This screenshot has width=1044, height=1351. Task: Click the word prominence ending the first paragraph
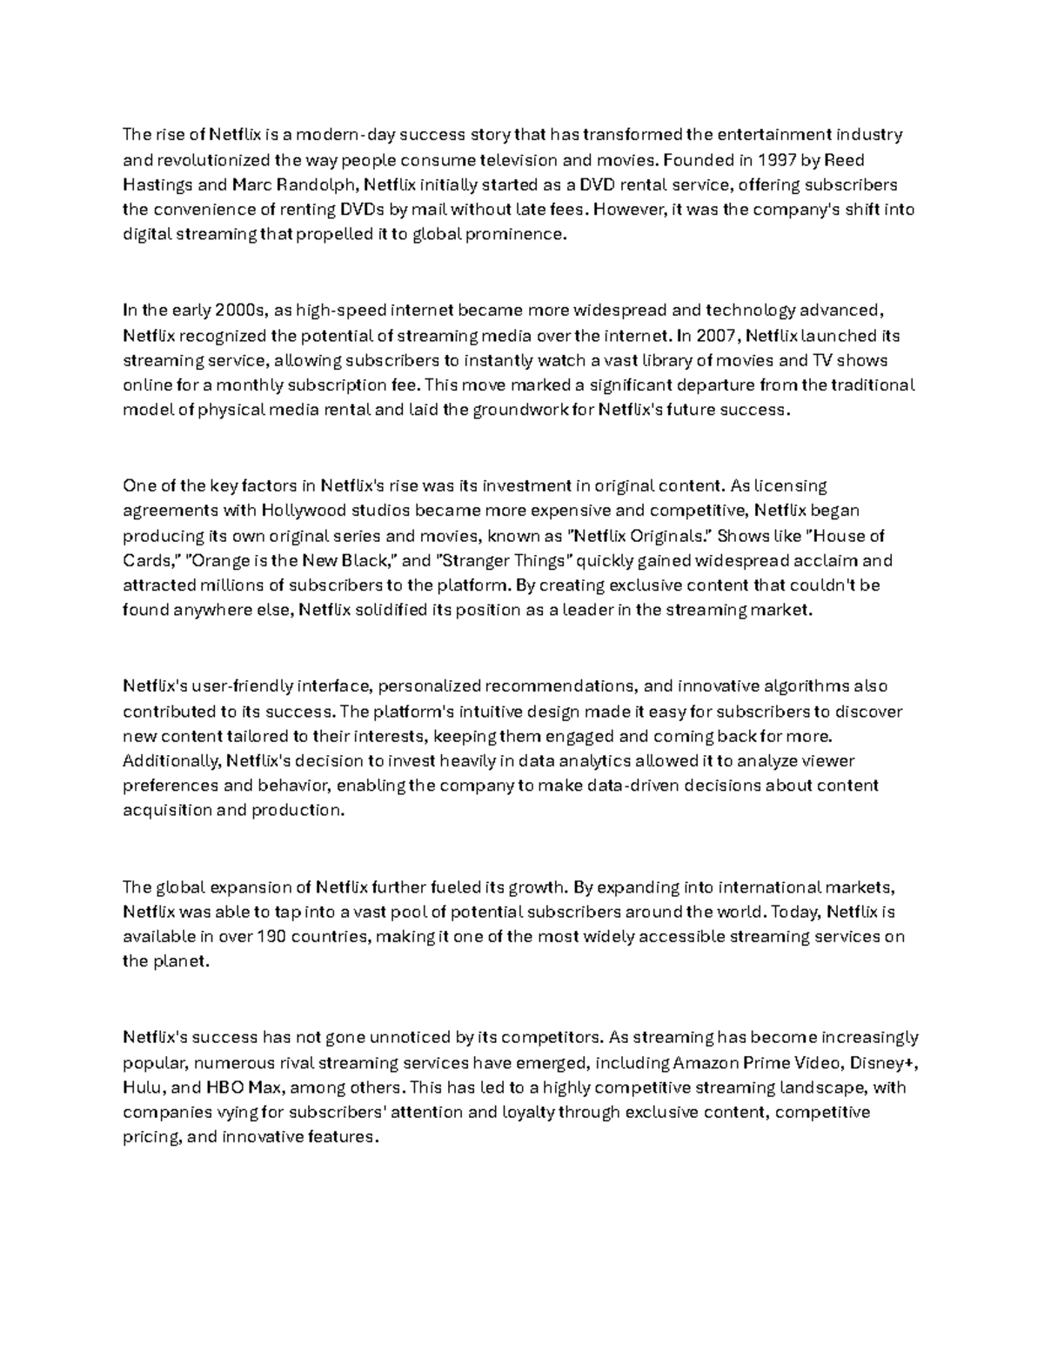click(x=516, y=235)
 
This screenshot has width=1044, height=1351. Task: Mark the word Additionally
click(x=171, y=761)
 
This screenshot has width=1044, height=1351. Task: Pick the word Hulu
click(x=142, y=1087)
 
